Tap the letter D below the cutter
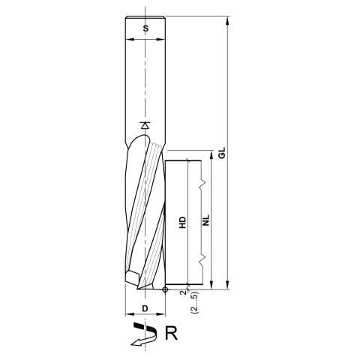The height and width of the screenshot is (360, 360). pos(144,308)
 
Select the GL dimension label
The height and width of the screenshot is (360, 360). pos(221,155)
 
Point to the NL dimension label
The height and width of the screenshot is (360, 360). pos(205,222)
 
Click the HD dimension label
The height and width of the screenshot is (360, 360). pos(181,222)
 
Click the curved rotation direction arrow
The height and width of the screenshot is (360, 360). pos(142,334)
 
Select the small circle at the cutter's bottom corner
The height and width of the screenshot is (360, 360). pos(165,289)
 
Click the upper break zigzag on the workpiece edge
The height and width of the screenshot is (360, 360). pos(202,182)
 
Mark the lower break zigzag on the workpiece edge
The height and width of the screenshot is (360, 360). pos(202,259)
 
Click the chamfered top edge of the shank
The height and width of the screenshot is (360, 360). pos(145,18)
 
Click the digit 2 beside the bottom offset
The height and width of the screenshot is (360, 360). pos(182,292)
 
